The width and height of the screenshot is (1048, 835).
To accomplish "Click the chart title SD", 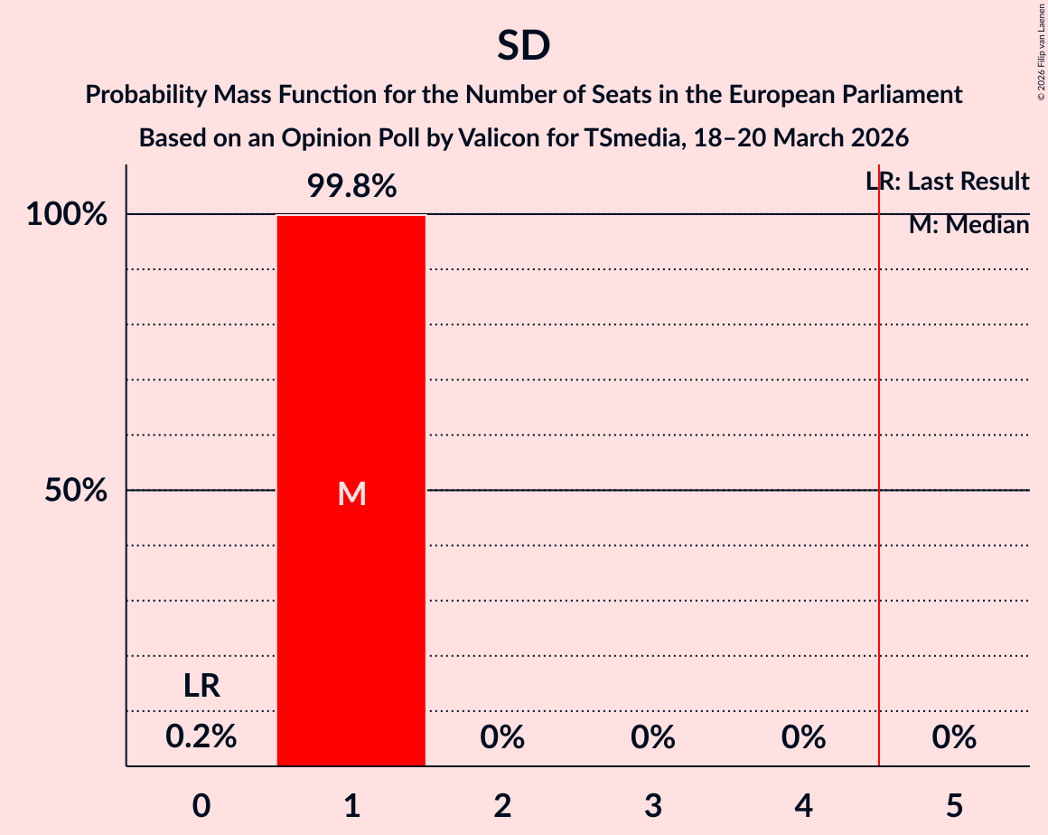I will [523, 46].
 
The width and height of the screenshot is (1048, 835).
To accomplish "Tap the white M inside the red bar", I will [351, 493].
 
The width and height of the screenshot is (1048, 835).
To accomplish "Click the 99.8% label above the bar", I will [351, 186].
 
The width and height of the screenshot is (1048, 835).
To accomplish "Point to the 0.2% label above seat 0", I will [201, 737].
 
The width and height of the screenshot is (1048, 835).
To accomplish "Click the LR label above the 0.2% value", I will [201, 686].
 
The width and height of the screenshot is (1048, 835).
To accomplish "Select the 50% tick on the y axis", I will [76, 491].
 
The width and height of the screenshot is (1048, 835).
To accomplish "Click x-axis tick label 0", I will [201, 805].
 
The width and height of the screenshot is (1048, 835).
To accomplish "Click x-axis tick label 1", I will [351, 805].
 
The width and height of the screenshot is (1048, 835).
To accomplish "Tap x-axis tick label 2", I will [502, 805].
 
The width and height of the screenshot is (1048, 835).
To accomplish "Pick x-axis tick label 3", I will [653, 805].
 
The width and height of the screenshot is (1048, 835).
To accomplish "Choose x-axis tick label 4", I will [804, 805].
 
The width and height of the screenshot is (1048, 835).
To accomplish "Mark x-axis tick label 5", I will [954, 805].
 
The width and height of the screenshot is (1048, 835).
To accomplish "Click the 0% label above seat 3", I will [653, 737].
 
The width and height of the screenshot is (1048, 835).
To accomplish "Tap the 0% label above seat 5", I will [954, 737].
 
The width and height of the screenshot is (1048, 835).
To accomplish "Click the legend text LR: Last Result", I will [947, 182].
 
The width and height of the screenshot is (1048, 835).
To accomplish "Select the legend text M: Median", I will [968, 225].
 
